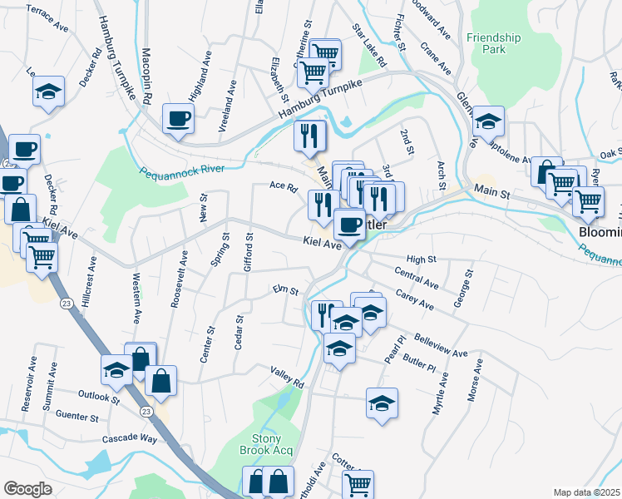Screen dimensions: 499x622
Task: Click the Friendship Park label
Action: (493, 43)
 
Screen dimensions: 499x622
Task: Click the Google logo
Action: (27, 489)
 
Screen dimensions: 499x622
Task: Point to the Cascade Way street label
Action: (130, 437)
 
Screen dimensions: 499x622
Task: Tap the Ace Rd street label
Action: (284, 187)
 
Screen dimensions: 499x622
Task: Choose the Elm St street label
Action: (285, 290)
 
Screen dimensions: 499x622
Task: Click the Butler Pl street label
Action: (418, 366)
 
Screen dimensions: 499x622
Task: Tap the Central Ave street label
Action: (417, 279)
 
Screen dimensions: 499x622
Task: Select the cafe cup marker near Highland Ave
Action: (178, 117)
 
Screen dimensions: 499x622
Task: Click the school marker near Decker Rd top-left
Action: (49, 91)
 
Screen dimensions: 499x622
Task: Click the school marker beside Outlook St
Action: (116, 368)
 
